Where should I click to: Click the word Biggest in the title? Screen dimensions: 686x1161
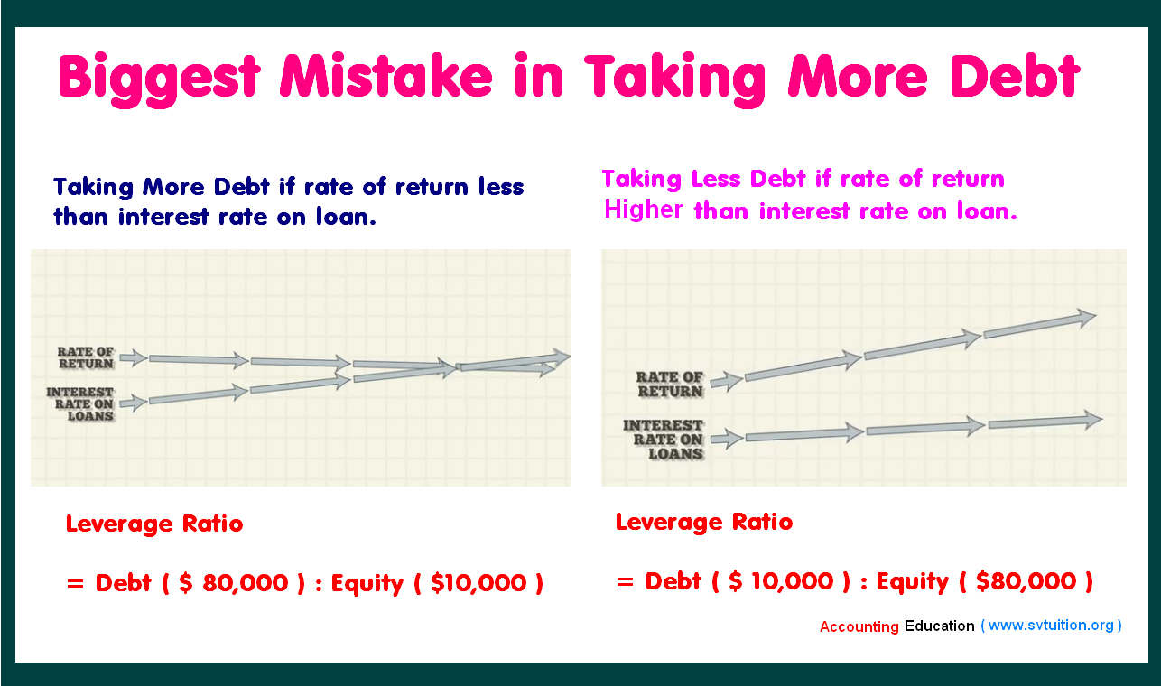[x=157, y=77]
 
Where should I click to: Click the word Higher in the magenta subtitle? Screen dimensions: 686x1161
[x=643, y=211]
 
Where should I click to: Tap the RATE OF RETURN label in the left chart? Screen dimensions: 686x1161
[x=87, y=357]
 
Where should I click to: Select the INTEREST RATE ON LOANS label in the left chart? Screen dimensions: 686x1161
[x=81, y=404]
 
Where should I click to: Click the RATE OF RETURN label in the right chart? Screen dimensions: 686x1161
[x=670, y=385]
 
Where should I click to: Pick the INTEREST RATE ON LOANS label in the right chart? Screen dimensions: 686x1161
[x=664, y=439]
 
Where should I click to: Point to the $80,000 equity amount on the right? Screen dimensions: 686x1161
[x=1027, y=581]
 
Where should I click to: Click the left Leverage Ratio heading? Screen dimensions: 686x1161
[x=154, y=524]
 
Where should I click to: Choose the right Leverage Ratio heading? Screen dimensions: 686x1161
[x=704, y=522]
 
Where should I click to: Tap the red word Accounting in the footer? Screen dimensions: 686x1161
[x=859, y=626]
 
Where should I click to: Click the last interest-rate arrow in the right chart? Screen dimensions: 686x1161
[x=1045, y=422]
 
